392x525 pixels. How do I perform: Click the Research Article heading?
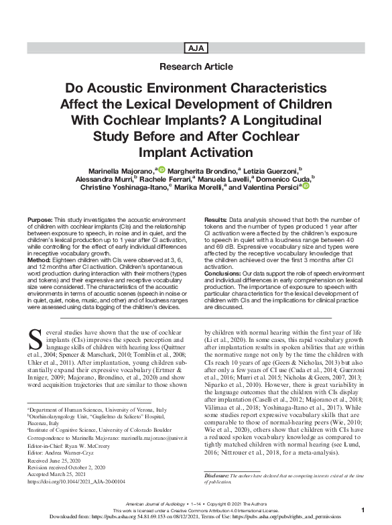(196, 67)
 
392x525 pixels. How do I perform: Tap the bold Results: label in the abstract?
(214, 221)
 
